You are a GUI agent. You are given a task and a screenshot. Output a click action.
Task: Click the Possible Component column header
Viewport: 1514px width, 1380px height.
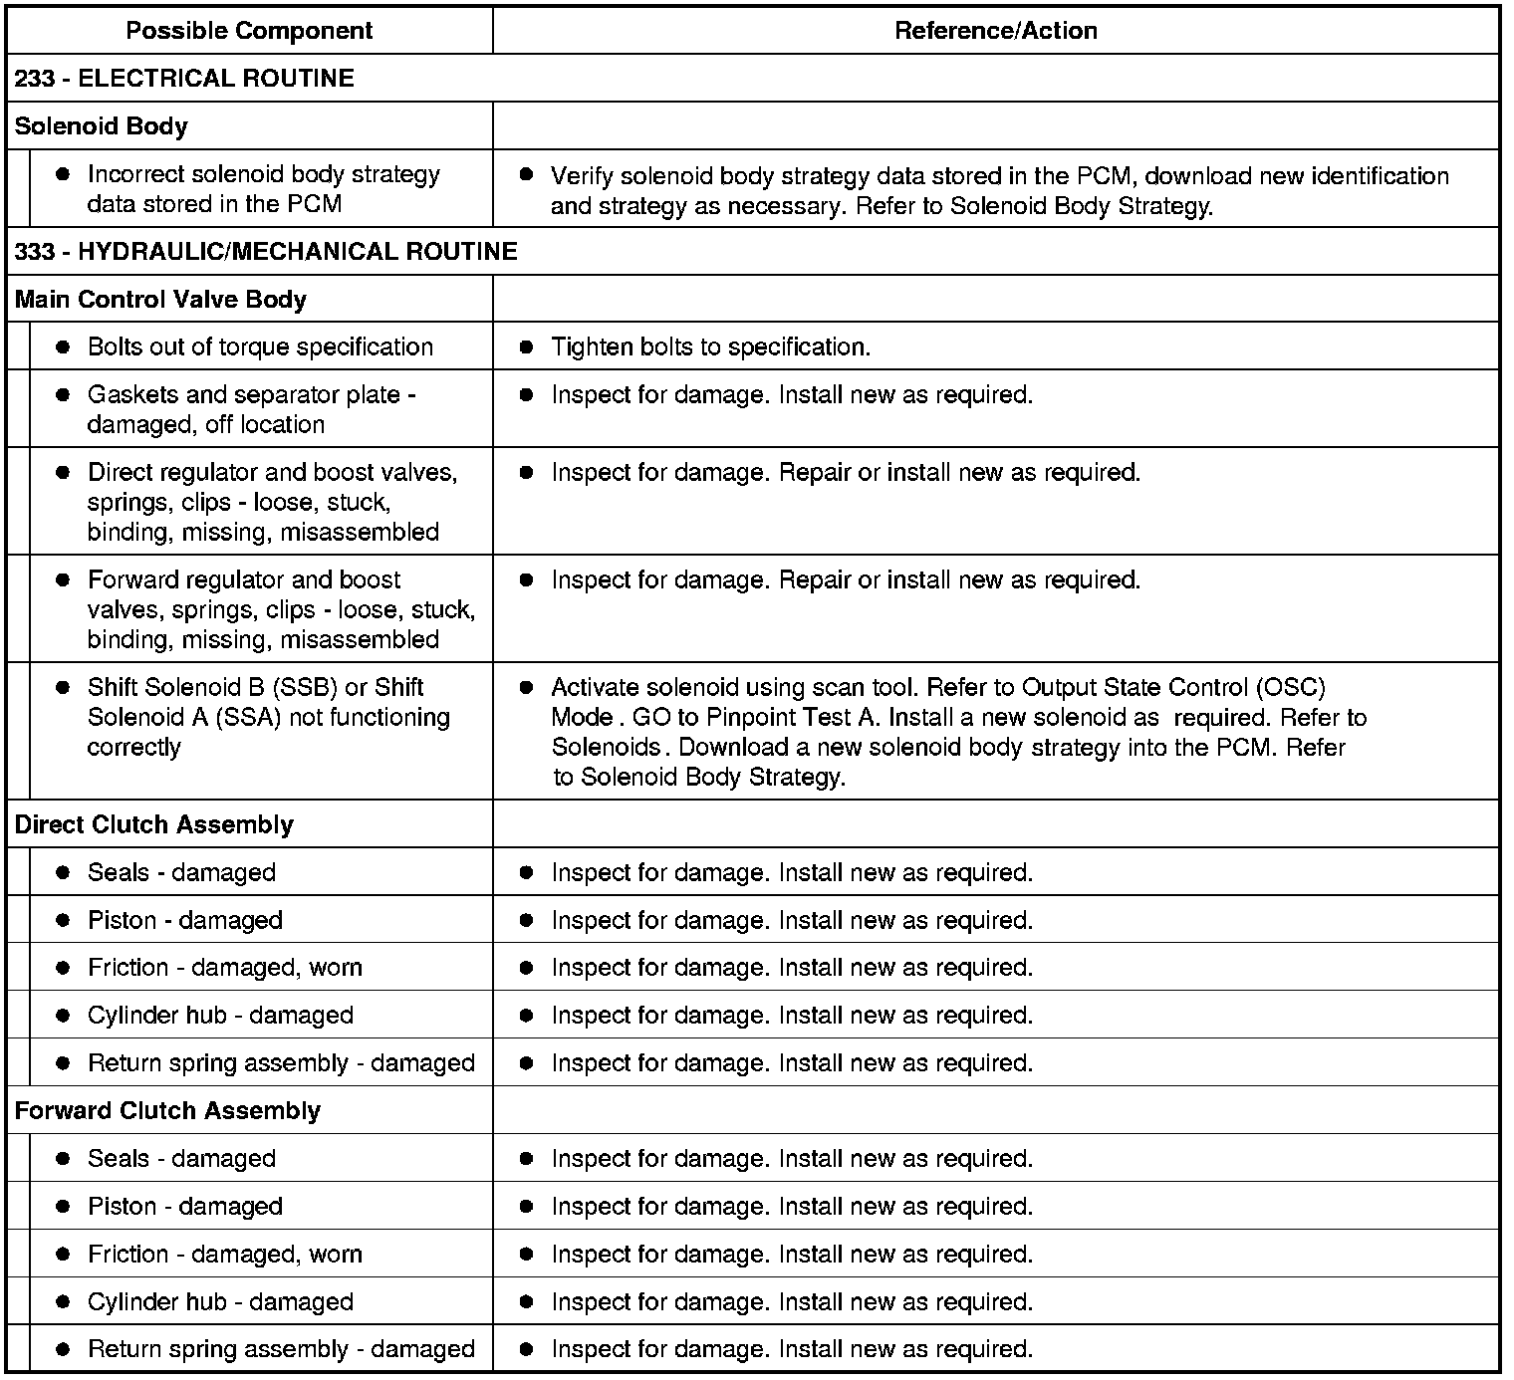click(249, 31)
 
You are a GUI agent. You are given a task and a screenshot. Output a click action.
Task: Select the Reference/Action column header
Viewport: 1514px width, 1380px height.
click(995, 31)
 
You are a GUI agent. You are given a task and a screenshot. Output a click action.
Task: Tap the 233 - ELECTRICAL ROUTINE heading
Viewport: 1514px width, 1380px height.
click(184, 79)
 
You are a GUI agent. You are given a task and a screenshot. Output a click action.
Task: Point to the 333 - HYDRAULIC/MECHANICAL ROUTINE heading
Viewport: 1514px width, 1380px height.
click(266, 251)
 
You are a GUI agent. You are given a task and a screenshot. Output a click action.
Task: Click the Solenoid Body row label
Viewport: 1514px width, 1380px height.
click(102, 126)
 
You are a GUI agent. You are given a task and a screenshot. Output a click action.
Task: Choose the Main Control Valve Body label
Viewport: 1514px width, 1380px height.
click(160, 300)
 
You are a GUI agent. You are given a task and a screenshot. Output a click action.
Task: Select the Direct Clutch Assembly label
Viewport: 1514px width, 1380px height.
click(154, 824)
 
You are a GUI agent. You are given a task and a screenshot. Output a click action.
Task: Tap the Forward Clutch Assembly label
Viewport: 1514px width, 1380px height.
click(167, 1110)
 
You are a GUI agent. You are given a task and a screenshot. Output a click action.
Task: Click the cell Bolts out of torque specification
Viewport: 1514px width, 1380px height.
click(260, 346)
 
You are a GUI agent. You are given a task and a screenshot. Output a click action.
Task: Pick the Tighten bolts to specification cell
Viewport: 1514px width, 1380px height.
click(710, 346)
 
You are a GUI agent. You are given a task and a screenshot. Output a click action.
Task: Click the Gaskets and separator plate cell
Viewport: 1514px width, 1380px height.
click(251, 409)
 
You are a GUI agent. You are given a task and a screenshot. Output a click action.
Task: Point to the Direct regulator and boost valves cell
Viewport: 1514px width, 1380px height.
click(272, 501)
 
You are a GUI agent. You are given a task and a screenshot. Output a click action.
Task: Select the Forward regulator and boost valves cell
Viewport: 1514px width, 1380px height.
click(281, 608)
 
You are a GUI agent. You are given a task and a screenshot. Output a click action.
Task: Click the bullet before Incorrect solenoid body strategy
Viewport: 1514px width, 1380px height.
click(63, 174)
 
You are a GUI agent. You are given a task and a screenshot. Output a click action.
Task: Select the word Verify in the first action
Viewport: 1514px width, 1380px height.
click(582, 176)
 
